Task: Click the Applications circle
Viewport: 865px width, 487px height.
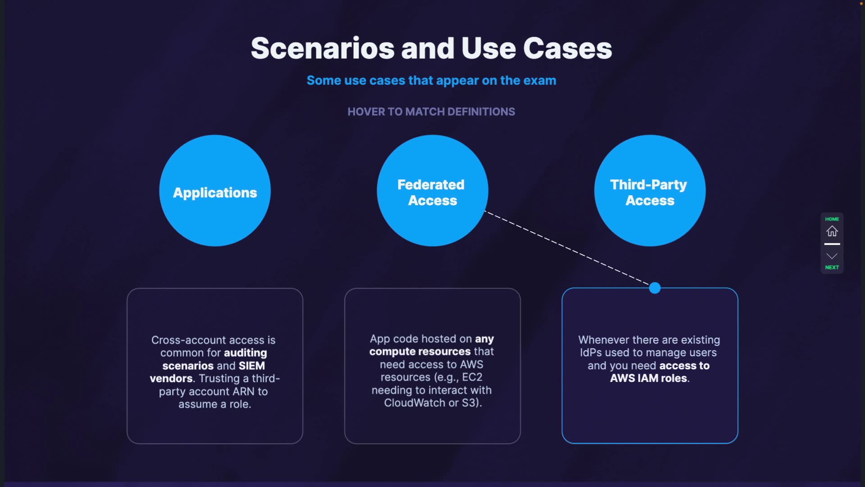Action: pos(215,191)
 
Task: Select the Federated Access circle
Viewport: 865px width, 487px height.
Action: pos(432,191)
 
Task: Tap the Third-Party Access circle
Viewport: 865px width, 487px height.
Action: pos(650,191)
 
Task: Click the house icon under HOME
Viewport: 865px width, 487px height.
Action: pos(832,231)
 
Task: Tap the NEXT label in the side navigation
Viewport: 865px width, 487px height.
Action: pos(832,267)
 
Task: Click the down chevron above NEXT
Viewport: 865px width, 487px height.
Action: pos(832,256)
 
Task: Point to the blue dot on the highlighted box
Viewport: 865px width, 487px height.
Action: pos(655,288)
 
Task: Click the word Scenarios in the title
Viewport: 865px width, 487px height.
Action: pos(323,48)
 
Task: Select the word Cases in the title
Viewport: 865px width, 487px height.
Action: pos(567,48)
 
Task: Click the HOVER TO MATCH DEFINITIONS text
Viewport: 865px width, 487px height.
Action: pos(431,111)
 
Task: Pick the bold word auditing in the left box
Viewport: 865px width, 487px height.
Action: pos(245,353)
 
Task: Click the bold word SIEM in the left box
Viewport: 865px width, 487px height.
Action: pos(251,366)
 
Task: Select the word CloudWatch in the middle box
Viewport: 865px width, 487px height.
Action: pos(414,403)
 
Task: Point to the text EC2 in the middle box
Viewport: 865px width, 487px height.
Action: pos(472,377)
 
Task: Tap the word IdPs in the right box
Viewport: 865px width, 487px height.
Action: pos(590,353)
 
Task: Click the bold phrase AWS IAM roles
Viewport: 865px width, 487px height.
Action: pos(648,378)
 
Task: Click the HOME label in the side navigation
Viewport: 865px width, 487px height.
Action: pos(832,219)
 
